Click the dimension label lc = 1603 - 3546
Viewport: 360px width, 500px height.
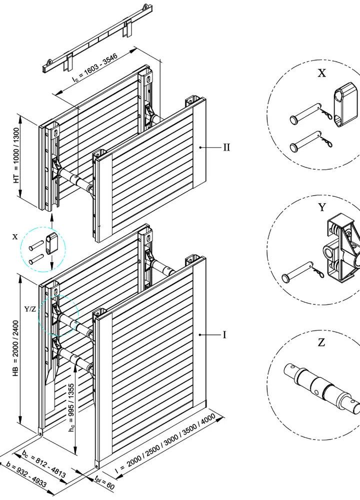pyautogui.click(x=93, y=70)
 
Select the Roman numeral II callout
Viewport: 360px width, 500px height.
pyautogui.click(x=226, y=148)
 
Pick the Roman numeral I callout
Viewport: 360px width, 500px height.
pyautogui.click(x=224, y=335)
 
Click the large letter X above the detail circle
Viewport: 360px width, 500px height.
pyautogui.click(x=322, y=74)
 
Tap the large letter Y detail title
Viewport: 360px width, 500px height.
pyautogui.click(x=321, y=207)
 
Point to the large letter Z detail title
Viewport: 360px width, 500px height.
pyautogui.click(x=321, y=342)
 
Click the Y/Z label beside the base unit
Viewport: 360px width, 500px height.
pyautogui.click(x=30, y=309)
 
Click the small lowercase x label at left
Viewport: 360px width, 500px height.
pyautogui.click(x=15, y=237)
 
